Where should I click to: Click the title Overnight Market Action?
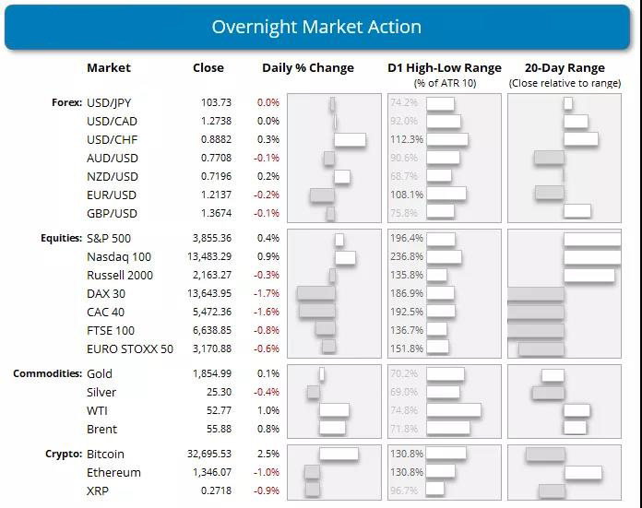click(x=316, y=26)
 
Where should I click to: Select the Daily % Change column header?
click(x=307, y=68)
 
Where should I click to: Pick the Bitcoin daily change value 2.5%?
click(x=267, y=455)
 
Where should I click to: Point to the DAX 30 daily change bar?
click(x=315, y=293)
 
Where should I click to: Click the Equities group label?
click(x=61, y=239)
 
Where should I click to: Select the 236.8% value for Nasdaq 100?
click(x=406, y=257)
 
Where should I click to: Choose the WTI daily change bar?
click(x=334, y=410)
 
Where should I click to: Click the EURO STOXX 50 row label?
click(x=130, y=349)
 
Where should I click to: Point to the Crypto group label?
click(x=64, y=455)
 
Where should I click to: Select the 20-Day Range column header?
click(x=564, y=68)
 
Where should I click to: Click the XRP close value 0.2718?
click(x=217, y=491)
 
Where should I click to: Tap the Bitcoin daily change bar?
click(x=339, y=455)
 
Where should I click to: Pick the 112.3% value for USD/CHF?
click(x=406, y=140)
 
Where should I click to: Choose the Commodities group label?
click(x=47, y=374)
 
